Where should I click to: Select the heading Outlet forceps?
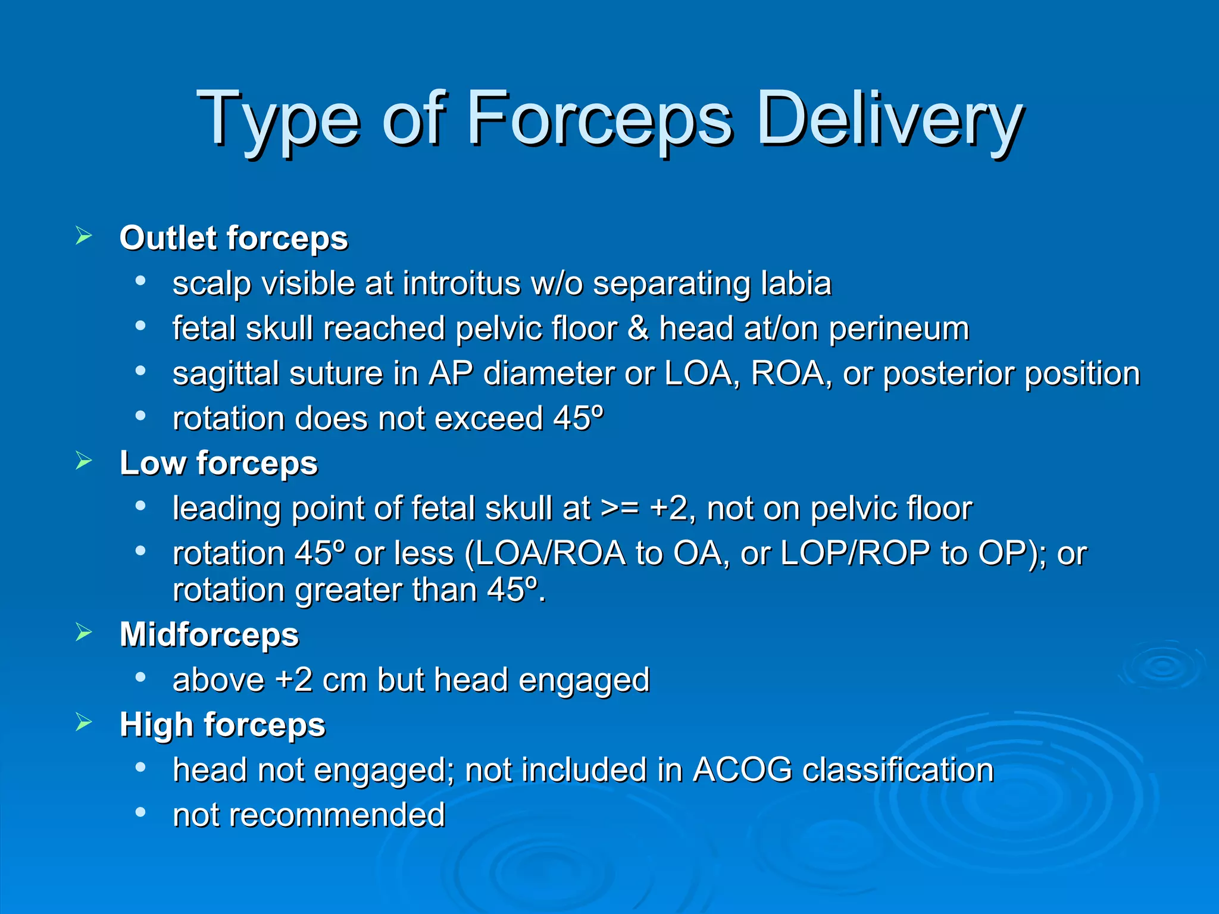233,238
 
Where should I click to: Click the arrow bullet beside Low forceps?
84,461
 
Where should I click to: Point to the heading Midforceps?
209,634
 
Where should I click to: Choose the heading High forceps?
222,725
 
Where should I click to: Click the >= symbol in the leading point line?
620,509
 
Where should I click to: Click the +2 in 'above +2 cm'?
293,680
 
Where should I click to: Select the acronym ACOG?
742,770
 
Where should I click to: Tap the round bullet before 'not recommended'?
140,812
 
